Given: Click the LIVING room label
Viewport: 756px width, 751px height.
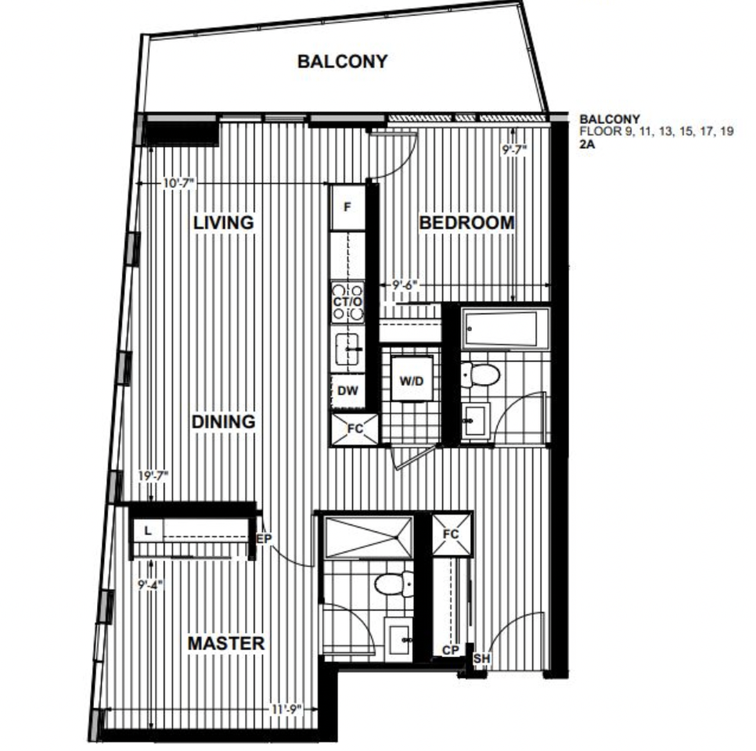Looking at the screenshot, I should tap(224, 223).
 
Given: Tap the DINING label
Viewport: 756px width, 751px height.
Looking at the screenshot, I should tap(224, 422).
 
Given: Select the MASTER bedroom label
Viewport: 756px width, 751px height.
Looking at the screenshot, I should tap(225, 644).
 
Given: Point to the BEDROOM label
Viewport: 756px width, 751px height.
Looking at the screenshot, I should tap(467, 223).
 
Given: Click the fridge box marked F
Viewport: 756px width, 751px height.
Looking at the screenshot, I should tap(347, 207).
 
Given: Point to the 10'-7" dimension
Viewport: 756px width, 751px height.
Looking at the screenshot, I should tap(178, 183).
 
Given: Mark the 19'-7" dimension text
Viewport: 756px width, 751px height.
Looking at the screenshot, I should tap(153, 474).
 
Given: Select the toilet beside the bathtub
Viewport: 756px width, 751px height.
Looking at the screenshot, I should tap(480, 375).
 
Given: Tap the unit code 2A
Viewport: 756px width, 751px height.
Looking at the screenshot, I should tap(587, 144).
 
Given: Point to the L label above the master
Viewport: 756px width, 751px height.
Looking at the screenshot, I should tap(147, 530).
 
